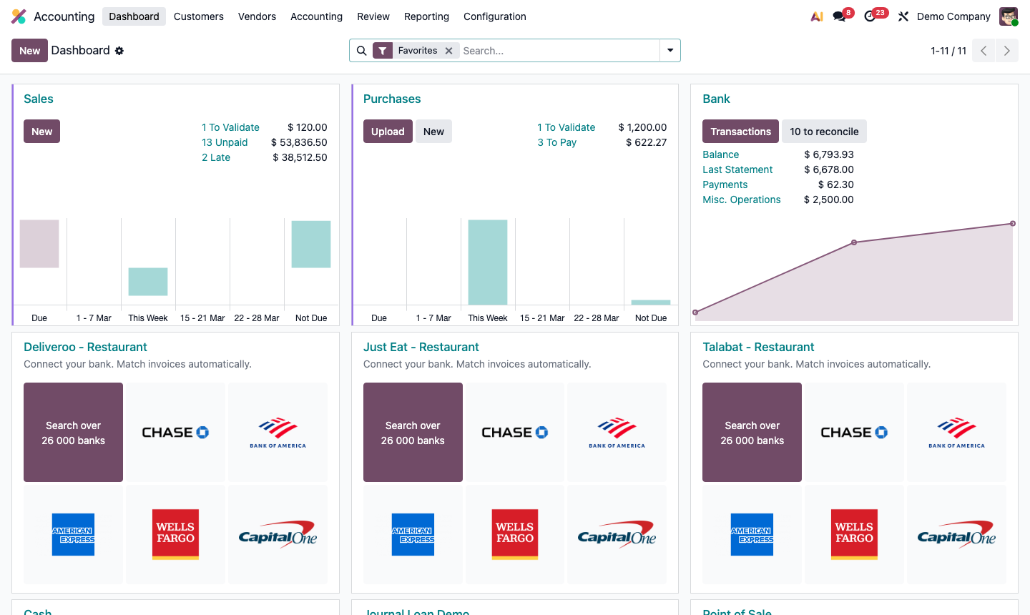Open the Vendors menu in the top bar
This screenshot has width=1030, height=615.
click(x=257, y=16)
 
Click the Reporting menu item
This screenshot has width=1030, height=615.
click(x=426, y=16)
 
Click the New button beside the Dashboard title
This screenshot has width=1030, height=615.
click(x=29, y=51)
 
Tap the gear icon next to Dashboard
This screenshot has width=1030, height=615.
click(x=119, y=51)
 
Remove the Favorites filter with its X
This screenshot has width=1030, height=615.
click(x=448, y=51)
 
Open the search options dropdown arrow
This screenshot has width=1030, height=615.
click(x=670, y=51)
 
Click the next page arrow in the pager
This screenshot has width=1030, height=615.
click(x=1006, y=51)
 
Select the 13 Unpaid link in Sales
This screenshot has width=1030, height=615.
click(x=225, y=142)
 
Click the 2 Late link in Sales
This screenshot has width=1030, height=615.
click(x=216, y=157)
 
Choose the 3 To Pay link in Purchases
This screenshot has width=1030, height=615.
click(x=556, y=142)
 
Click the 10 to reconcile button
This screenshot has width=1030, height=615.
click(x=824, y=132)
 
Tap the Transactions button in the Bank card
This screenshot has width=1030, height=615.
click(x=740, y=132)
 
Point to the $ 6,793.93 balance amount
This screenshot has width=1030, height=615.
click(x=828, y=154)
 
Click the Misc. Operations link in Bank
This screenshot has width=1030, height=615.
click(x=741, y=200)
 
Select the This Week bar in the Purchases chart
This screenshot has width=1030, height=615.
click(x=488, y=262)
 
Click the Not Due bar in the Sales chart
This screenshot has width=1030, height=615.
click(x=311, y=245)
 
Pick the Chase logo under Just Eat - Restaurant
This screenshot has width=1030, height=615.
click(x=515, y=433)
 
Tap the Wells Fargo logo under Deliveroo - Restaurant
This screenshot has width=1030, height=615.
click(x=175, y=534)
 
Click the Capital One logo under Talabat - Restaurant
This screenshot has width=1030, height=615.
click(x=956, y=534)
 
